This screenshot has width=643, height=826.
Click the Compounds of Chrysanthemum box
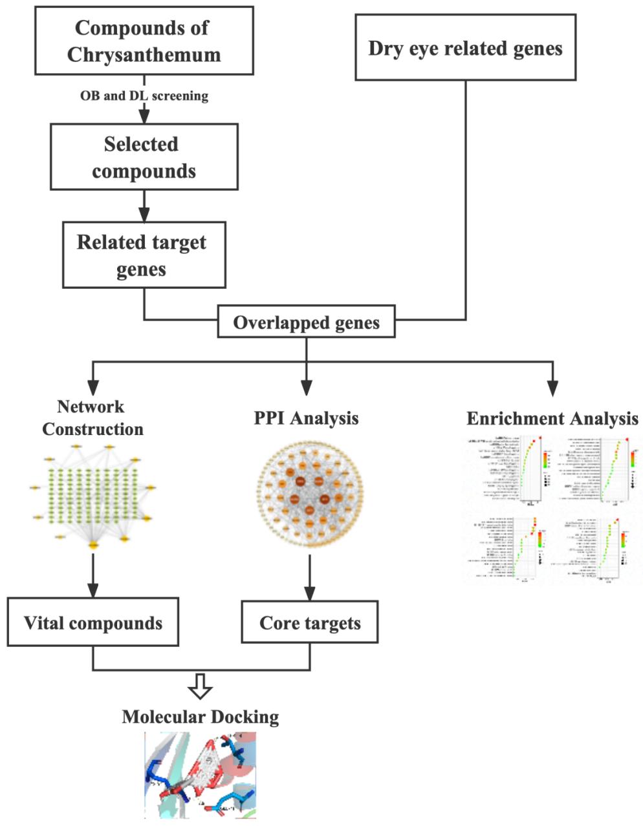[143, 41]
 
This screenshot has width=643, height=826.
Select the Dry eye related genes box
[465, 48]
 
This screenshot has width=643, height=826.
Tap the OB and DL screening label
[144, 96]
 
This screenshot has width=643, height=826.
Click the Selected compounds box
[144, 157]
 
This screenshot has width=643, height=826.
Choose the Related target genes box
[144, 255]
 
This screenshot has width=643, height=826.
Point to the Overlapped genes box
[306, 322]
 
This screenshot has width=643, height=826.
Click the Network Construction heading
[93, 418]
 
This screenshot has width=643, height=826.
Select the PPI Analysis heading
[306, 418]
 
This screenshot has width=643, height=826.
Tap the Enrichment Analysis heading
[552, 418]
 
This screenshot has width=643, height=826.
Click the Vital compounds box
[93, 622]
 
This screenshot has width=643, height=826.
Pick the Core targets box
[309, 622]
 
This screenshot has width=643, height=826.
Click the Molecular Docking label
[201, 716]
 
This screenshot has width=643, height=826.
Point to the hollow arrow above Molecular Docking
[201, 687]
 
